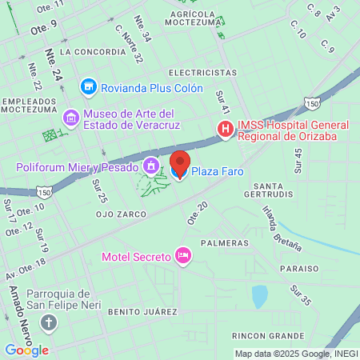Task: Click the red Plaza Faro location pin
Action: (179, 162)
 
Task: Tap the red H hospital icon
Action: (226, 128)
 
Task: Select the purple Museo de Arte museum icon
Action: (72, 118)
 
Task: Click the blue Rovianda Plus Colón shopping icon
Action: (88, 86)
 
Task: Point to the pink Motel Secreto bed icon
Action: (183, 256)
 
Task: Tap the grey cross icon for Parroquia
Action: (50, 323)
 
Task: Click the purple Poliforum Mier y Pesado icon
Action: (150, 166)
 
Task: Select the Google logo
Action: (26, 350)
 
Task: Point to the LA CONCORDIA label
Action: (93, 51)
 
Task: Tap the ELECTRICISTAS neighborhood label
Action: (203, 71)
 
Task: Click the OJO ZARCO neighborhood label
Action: (121, 214)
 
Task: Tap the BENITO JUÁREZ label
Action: (142, 310)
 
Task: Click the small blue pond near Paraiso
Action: (260, 297)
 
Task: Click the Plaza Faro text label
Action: (217, 170)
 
